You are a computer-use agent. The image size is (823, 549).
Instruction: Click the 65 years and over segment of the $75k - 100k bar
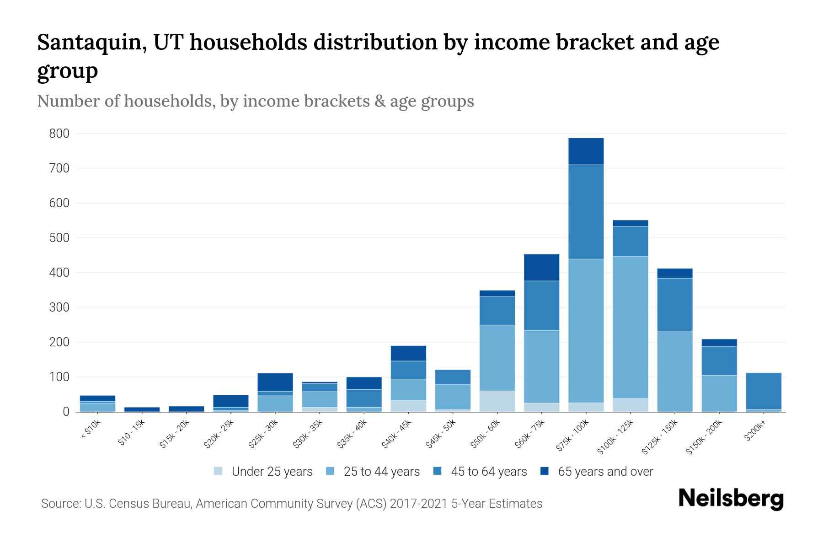(586, 151)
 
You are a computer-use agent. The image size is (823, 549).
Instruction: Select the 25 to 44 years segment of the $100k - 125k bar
(630, 327)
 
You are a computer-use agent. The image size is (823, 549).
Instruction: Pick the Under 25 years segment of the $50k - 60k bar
(497, 401)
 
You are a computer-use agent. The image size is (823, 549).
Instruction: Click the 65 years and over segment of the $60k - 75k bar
(541, 267)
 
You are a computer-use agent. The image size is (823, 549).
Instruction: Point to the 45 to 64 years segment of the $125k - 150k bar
(674, 304)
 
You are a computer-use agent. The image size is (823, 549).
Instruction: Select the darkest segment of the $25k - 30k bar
(275, 382)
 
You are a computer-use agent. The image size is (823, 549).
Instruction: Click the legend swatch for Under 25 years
(219, 471)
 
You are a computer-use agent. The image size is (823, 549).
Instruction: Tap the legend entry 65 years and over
(605, 471)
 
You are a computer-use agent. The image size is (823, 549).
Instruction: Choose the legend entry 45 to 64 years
(488, 471)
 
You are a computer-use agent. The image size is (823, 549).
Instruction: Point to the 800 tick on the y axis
(59, 134)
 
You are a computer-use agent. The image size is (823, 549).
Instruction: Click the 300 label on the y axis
(59, 307)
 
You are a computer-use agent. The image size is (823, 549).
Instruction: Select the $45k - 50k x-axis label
(439, 435)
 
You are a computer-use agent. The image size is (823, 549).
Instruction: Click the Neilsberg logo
(731, 499)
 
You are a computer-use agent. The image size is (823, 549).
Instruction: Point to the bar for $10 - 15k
(142, 409)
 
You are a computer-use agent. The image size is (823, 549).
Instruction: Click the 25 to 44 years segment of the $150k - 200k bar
(719, 393)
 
